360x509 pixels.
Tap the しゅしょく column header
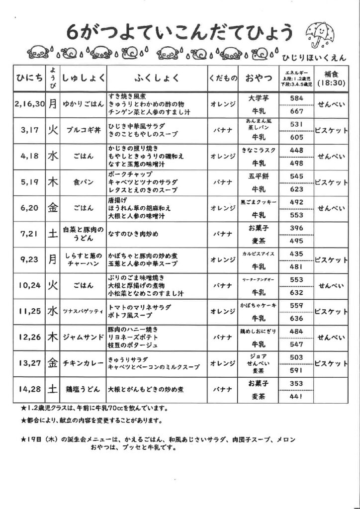(83, 78)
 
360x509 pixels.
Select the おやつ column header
(258, 78)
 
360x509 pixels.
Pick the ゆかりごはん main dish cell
(83, 104)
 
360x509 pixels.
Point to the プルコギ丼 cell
(83, 131)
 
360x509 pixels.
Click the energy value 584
(296, 98)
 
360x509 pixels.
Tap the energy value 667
(296, 111)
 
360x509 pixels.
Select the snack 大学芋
(258, 98)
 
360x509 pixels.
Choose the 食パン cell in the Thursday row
(83, 182)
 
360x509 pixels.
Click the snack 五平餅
(258, 176)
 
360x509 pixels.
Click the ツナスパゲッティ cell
(83, 312)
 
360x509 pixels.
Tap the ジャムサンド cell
(83, 338)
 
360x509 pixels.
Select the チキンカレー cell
(83, 363)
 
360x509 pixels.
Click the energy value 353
(296, 383)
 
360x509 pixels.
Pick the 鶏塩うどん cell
(83, 389)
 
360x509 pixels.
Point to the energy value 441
(296, 396)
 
